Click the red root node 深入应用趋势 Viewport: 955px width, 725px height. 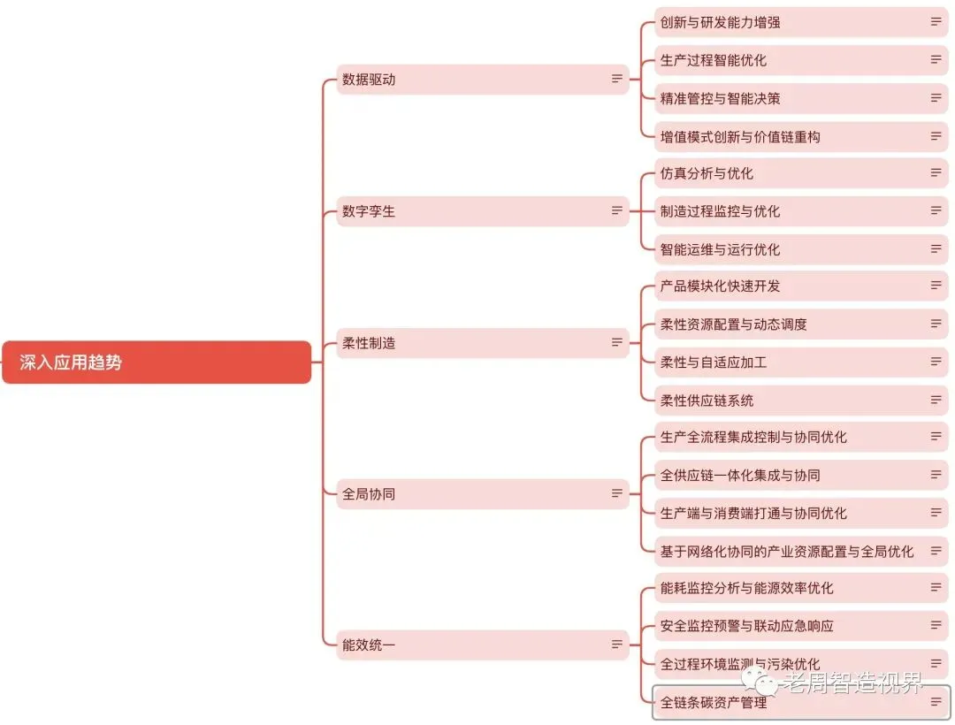click(157, 362)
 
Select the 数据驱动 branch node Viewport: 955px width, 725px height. click(482, 80)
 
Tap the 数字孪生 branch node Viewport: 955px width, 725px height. click(482, 211)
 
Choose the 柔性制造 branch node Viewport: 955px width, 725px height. click(482, 343)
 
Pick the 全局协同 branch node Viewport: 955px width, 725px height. click(482, 494)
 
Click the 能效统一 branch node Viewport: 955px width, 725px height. click(482, 645)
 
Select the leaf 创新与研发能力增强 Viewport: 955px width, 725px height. click(800, 22)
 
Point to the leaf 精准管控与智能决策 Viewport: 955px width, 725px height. click(800, 98)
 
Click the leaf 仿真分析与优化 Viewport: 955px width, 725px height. click(800, 173)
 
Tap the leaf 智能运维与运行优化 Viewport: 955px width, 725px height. click(800, 249)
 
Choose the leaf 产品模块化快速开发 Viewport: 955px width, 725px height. click(800, 286)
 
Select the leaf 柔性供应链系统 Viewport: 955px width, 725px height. click(800, 401)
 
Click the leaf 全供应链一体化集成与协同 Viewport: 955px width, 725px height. click(800, 476)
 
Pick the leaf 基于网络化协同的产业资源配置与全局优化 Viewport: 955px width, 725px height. click(800, 552)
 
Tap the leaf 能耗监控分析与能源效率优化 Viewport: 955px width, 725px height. click(800, 588)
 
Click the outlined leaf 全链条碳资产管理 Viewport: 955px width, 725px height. click(800, 703)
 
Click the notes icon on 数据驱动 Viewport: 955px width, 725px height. click(617, 80)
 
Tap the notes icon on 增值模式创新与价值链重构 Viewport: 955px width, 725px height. click(936, 136)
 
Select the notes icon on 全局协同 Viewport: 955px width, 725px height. click(617, 494)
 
